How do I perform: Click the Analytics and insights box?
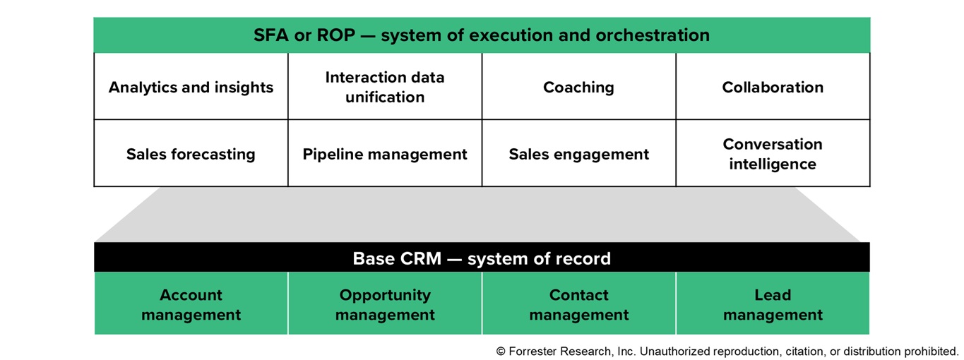click(191, 86)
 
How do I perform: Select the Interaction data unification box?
click(385, 86)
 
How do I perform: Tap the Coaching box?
click(579, 86)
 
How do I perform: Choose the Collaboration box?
click(773, 86)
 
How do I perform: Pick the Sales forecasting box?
click(191, 153)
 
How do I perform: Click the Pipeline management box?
click(385, 153)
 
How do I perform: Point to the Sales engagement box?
click(579, 153)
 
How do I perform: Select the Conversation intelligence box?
click(773, 153)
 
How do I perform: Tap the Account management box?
click(191, 304)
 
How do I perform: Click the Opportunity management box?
click(385, 304)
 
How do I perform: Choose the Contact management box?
click(579, 304)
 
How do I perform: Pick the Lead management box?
click(773, 304)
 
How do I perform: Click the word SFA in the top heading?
click(270, 35)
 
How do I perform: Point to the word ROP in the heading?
click(335, 35)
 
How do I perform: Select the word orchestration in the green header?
click(653, 35)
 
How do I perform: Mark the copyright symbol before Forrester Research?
click(501, 352)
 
